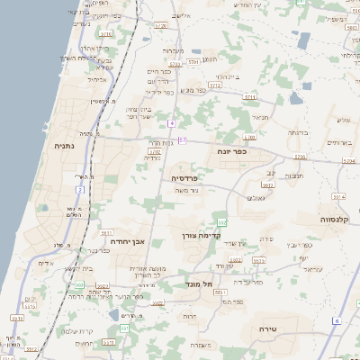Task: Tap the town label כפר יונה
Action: pos(231,151)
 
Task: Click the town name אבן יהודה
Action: pos(127,241)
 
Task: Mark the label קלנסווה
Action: pos(339,219)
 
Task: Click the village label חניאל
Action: pos(260,116)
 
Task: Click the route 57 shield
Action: pos(183,140)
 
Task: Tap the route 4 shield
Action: pos(170,121)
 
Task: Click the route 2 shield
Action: pos(80,190)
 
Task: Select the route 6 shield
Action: pos(337,320)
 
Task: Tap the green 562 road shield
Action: pos(221,221)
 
